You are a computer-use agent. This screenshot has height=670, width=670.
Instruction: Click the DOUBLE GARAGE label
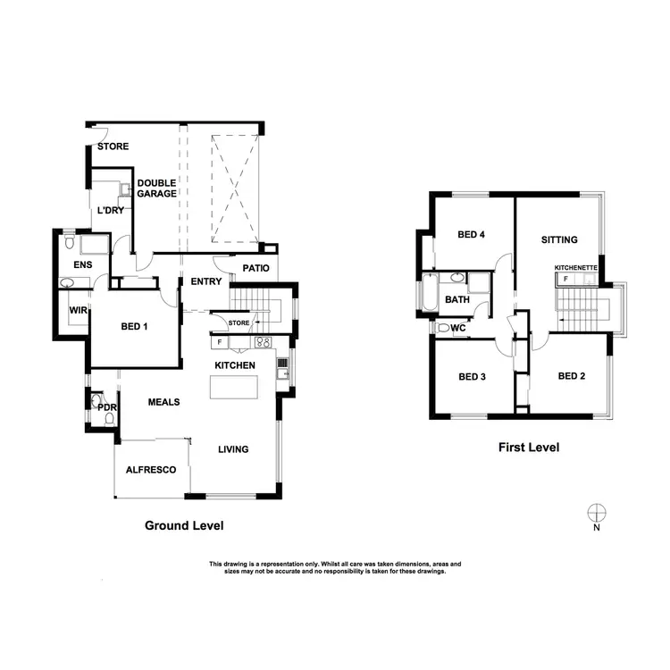(156, 188)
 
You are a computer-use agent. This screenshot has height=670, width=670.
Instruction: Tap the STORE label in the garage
(113, 147)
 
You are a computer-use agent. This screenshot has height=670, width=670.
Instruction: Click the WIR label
(77, 310)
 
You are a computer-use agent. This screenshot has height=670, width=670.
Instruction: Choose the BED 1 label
(135, 326)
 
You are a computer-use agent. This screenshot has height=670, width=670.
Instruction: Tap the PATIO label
(255, 268)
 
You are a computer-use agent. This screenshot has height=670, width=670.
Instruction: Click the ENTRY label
(205, 282)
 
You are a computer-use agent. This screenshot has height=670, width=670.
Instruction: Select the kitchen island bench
(233, 388)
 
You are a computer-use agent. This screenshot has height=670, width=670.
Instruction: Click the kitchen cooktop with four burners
(264, 342)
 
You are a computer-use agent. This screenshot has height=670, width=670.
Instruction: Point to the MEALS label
(163, 402)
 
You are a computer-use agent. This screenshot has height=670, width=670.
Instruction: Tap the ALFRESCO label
(150, 469)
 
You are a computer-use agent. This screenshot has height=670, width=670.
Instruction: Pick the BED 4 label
(471, 235)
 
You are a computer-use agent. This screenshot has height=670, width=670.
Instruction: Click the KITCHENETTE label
(576, 267)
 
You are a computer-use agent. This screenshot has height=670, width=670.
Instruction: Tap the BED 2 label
(571, 376)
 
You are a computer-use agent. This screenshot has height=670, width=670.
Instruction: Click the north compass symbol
(596, 512)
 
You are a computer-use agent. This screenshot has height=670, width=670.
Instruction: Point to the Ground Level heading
(184, 525)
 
